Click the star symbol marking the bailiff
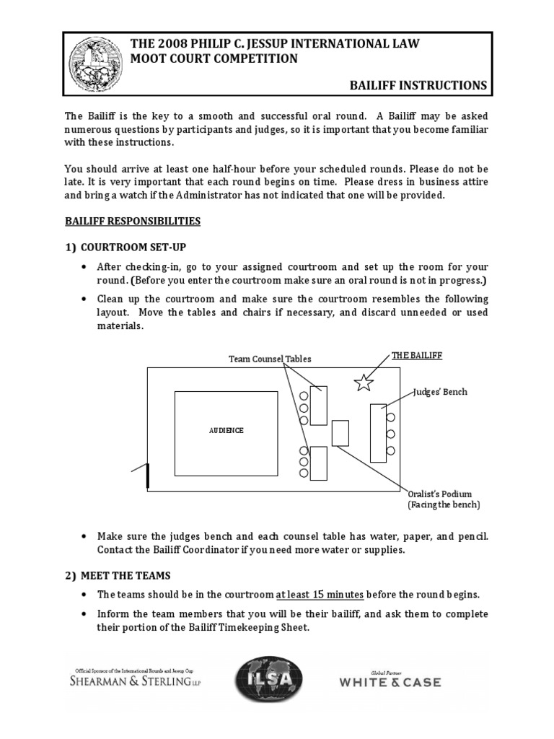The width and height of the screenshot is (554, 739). tap(364, 382)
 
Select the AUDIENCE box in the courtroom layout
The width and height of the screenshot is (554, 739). tap(226, 433)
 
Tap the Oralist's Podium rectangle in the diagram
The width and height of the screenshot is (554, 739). tap(340, 433)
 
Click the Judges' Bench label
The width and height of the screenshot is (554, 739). tap(440, 392)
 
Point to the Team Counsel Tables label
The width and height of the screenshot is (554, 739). tap(270, 359)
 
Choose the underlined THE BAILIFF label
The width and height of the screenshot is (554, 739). tap(416, 356)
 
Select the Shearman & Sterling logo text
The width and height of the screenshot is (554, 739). tap(134, 681)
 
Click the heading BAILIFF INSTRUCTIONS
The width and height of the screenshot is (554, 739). tap(418, 85)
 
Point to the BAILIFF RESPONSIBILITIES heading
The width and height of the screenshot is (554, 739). tap(133, 221)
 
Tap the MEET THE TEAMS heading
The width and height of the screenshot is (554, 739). tap(126, 575)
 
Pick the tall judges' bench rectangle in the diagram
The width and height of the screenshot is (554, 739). tap(378, 433)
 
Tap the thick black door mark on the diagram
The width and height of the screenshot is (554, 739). tap(148, 476)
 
